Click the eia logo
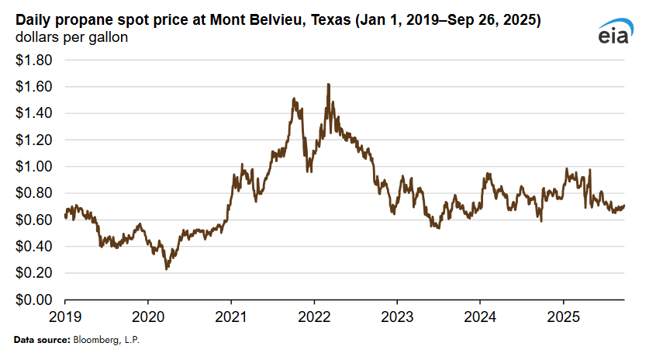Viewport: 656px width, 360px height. [616, 31]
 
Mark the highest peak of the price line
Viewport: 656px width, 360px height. [329, 84]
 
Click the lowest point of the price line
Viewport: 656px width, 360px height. [166, 269]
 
